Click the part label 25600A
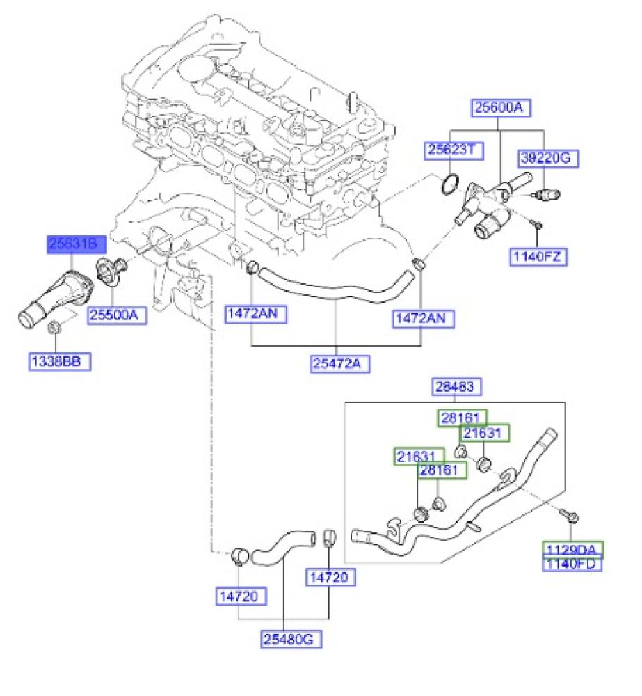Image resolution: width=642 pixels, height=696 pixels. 498,108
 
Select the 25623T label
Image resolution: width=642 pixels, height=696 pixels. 454,150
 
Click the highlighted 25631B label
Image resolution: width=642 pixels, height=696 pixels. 77,244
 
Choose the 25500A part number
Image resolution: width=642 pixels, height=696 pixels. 118,315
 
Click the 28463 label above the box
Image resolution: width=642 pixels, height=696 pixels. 458,387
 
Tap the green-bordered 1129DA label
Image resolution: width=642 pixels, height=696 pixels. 572,549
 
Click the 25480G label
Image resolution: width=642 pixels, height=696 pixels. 293,638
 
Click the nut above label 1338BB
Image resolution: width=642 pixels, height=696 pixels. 55,328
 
